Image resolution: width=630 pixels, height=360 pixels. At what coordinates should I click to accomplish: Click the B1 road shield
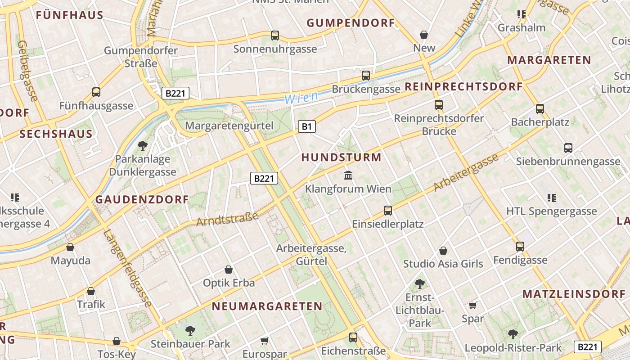click(306, 126)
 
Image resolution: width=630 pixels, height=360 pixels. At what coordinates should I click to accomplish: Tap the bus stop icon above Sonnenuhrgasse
click(274, 35)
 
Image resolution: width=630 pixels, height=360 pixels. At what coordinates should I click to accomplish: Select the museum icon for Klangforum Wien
click(348, 175)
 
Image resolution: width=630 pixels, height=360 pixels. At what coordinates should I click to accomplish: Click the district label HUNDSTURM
click(341, 157)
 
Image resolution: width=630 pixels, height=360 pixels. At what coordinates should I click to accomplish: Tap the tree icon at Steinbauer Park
click(190, 331)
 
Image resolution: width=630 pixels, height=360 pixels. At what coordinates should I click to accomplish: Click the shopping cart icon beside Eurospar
click(264, 341)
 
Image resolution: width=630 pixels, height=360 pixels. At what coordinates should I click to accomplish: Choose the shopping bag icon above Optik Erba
click(229, 270)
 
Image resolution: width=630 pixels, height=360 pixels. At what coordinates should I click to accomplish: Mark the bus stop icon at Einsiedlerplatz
click(387, 210)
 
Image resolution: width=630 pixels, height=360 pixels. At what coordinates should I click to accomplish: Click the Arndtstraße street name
click(227, 219)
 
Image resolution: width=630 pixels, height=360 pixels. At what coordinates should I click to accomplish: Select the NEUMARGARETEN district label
click(267, 306)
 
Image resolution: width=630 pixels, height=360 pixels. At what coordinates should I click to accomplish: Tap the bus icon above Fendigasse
click(520, 246)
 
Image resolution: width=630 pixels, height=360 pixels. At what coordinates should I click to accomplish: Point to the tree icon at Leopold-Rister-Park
click(513, 334)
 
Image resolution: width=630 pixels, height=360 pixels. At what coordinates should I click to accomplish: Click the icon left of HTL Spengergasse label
click(551, 198)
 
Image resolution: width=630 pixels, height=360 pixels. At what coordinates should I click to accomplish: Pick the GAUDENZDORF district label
click(142, 200)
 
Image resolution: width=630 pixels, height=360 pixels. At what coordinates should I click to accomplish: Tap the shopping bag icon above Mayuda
click(70, 247)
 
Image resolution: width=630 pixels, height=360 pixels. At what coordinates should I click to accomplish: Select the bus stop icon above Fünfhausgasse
click(96, 92)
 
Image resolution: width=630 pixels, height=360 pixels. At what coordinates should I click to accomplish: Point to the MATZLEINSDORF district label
click(574, 294)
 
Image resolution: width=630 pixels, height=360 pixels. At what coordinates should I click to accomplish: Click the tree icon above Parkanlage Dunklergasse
click(143, 145)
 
